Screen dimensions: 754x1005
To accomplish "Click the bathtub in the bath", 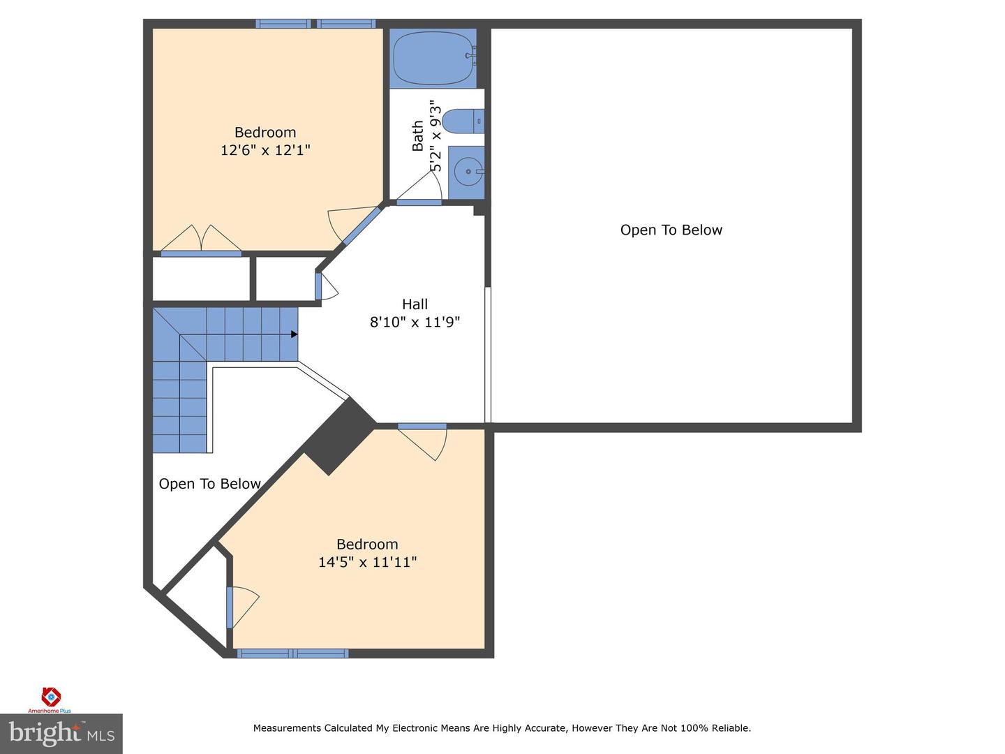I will (433, 59).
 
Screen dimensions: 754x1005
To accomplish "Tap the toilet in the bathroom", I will (463, 121).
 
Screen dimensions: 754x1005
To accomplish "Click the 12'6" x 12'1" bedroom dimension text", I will (265, 150).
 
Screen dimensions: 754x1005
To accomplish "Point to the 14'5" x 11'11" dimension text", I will (367, 562).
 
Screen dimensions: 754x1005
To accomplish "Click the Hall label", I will (415, 304).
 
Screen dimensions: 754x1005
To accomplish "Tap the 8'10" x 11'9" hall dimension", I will (415, 323).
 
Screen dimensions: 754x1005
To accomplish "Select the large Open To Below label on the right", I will (671, 230).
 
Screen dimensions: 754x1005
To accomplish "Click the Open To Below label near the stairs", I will (209, 484).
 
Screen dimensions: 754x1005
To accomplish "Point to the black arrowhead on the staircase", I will (294, 335).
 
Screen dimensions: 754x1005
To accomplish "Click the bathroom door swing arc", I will (423, 186).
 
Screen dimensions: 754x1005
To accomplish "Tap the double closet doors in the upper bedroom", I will (201, 239).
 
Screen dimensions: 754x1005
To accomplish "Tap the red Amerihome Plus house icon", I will (51, 696).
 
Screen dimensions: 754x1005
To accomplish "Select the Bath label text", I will (418, 136).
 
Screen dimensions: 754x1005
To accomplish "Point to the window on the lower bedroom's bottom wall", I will (292, 653).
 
